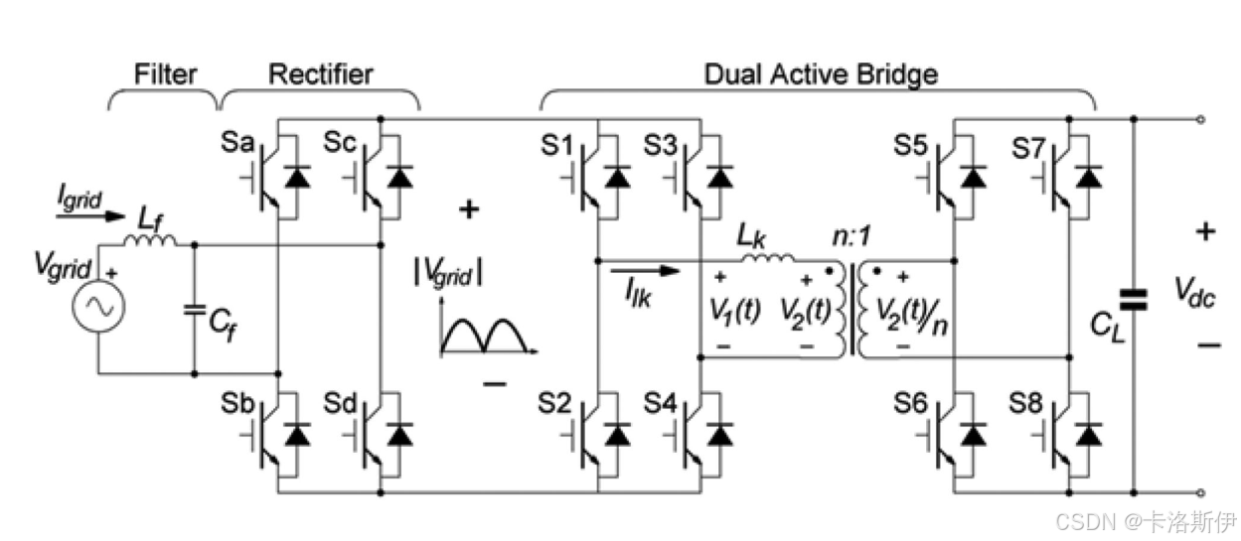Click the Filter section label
(x=166, y=74)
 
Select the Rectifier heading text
(x=320, y=74)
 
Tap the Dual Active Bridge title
(x=821, y=74)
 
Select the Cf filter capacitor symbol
(x=195, y=309)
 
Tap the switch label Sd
(x=340, y=404)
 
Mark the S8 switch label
(x=1028, y=404)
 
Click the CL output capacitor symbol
(x=1132, y=297)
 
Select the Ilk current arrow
(x=646, y=271)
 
